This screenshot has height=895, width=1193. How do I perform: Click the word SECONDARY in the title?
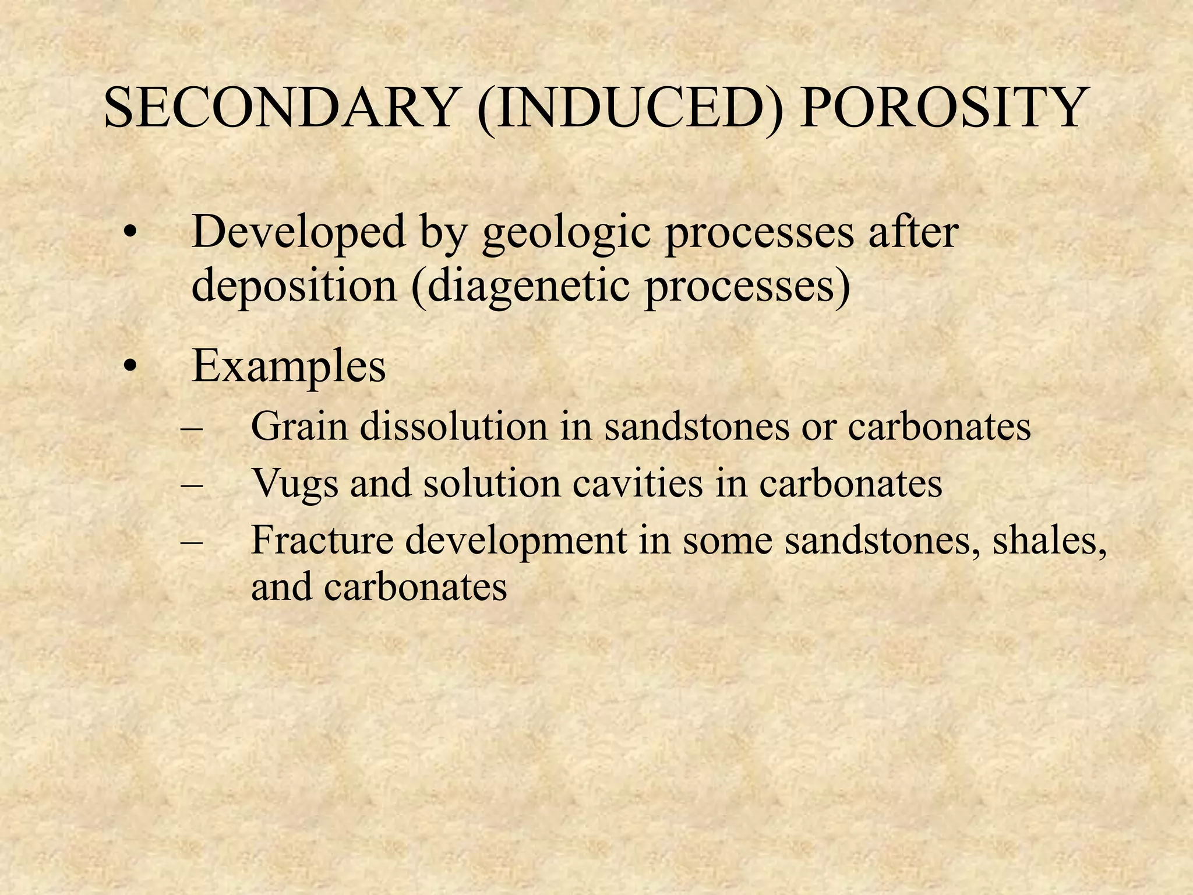coord(279,108)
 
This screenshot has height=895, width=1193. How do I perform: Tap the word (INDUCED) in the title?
coord(629,110)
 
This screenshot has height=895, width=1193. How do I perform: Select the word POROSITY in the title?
coord(941,108)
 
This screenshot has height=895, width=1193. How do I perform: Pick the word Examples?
coord(289,367)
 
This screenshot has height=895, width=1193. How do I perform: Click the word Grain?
coord(299,427)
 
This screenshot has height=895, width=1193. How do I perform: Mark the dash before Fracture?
coord(192,541)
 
